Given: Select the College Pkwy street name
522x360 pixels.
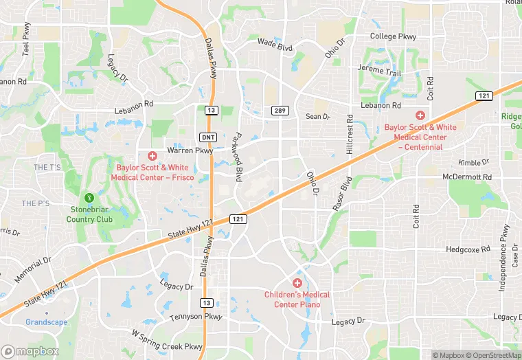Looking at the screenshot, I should tap(393, 36).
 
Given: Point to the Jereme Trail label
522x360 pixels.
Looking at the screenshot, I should tap(379, 70).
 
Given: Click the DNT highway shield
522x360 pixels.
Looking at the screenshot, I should tap(209, 137).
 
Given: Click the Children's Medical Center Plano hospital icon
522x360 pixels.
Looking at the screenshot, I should tap(297, 283).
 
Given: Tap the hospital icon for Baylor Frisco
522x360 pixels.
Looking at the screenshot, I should tap(152, 156).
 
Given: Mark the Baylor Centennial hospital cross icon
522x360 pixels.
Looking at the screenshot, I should tap(420, 116).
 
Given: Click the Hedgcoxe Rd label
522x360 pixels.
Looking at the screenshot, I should tap(468, 249).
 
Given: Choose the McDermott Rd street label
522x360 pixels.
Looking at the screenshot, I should tap(468, 177).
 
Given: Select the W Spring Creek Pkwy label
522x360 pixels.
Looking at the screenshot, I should tap(167, 341).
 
